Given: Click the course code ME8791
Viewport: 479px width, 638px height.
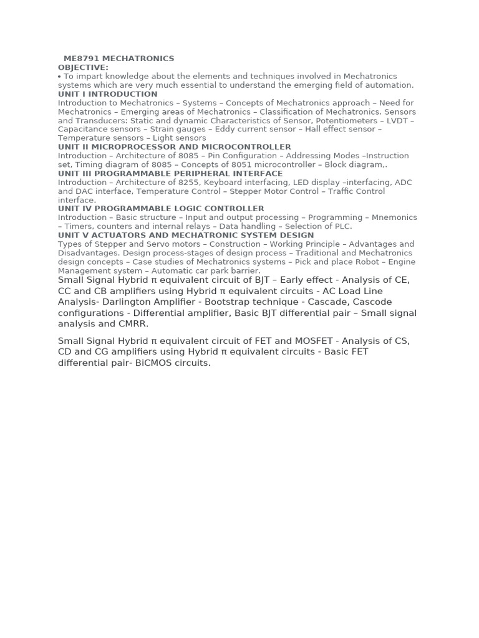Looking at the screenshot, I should [81, 59].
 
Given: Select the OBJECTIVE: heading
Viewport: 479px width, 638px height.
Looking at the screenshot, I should [83, 67].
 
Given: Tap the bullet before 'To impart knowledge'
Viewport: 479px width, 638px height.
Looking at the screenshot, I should [59, 77].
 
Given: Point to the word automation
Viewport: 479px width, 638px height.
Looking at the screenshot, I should [391, 85].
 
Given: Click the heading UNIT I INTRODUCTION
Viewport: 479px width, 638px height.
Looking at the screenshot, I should [107, 94].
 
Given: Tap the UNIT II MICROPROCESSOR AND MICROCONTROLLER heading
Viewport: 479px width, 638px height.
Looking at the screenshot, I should [174, 147].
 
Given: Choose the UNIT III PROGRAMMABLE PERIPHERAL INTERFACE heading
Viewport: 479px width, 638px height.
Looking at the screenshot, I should [170, 174].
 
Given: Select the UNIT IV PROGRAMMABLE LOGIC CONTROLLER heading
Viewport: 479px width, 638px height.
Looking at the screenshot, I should [161, 209].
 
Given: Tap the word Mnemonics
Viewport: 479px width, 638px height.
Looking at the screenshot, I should [395, 218].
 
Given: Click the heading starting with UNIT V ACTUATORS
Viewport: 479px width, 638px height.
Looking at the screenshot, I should [186, 236].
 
